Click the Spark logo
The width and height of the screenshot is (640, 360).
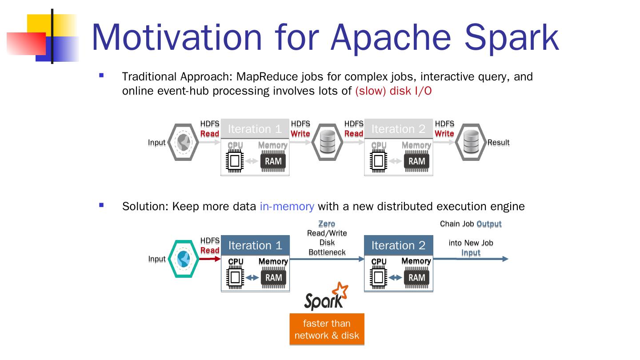click(326, 296)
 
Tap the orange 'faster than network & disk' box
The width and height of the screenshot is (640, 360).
click(327, 329)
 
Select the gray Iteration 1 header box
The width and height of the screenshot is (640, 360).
click(255, 129)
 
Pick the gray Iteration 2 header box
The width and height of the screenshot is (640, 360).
click(398, 129)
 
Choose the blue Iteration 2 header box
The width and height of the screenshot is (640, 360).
click(398, 245)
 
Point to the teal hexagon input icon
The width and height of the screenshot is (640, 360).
click(183, 259)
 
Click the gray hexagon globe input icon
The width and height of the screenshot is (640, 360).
click(183, 142)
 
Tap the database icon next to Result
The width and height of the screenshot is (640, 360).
click(470, 142)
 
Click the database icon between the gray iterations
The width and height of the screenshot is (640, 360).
click(327, 142)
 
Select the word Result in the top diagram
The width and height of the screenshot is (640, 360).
click(498, 142)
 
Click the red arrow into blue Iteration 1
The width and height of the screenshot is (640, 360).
click(210, 259)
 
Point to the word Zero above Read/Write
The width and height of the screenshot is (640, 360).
click(327, 224)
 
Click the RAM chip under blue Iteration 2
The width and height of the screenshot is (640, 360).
click(417, 278)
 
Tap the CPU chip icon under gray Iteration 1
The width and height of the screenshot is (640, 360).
click(235, 161)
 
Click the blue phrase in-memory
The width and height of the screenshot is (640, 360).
click(287, 206)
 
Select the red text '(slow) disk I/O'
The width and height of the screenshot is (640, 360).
click(393, 91)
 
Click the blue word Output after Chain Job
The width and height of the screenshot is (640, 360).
click(489, 224)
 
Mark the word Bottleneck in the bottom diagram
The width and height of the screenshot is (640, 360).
click(327, 252)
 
